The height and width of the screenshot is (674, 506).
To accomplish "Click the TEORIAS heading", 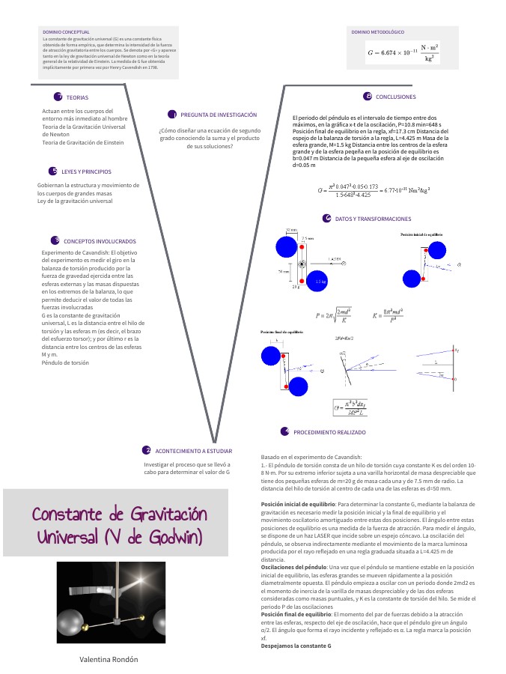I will (77, 98).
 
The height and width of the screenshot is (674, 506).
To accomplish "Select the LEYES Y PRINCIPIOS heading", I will (86, 171).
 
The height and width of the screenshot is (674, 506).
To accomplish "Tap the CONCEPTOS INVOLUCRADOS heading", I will (100, 242).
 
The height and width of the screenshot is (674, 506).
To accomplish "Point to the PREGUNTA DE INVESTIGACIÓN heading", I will (219, 115).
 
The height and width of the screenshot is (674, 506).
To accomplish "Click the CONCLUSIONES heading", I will (395, 97).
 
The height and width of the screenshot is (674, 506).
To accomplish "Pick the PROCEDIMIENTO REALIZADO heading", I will (329, 433).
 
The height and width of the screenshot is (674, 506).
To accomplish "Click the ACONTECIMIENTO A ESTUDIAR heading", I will (193, 452).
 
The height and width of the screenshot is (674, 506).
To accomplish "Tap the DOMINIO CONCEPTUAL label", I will (66, 32).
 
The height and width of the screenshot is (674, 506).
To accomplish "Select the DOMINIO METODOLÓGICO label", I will (377, 32).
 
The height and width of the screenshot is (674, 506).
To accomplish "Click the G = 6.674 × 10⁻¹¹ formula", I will (403, 52).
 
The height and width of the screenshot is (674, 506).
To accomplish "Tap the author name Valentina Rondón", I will (109, 659).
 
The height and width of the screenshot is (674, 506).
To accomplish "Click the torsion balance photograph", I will (111, 602).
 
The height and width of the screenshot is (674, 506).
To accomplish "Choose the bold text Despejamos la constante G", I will (296, 645).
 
